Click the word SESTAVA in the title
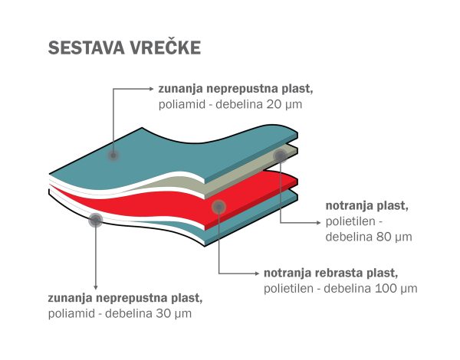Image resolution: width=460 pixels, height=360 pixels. (x=87, y=47)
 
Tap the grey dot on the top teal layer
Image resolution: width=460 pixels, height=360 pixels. (x=113, y=155)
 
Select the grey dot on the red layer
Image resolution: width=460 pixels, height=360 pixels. (x=219, y=208)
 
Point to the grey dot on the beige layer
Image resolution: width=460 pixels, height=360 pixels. (x=281, y=155)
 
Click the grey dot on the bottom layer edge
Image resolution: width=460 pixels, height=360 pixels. (x=96, y=220)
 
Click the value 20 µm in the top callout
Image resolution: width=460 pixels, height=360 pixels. (x=284, y=104)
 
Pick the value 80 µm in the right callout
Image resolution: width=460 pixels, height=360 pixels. (x=394, y=237)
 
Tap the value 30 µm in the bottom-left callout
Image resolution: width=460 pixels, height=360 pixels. (x=174, y=313)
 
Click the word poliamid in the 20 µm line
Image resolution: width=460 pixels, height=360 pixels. (x=182, y=104)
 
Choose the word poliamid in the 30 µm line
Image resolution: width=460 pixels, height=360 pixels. (x=71, y=314)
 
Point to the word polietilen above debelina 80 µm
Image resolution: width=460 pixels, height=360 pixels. (x=350, y=221)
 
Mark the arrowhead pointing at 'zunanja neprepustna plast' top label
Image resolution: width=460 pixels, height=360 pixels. (x=152, y=89)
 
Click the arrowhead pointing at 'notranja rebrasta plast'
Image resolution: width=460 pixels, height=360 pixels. (x=258, y=273)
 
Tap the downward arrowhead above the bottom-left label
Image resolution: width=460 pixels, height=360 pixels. (x=96, y=287)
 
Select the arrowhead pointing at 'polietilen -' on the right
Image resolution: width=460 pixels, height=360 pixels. (x=319, y=223)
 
